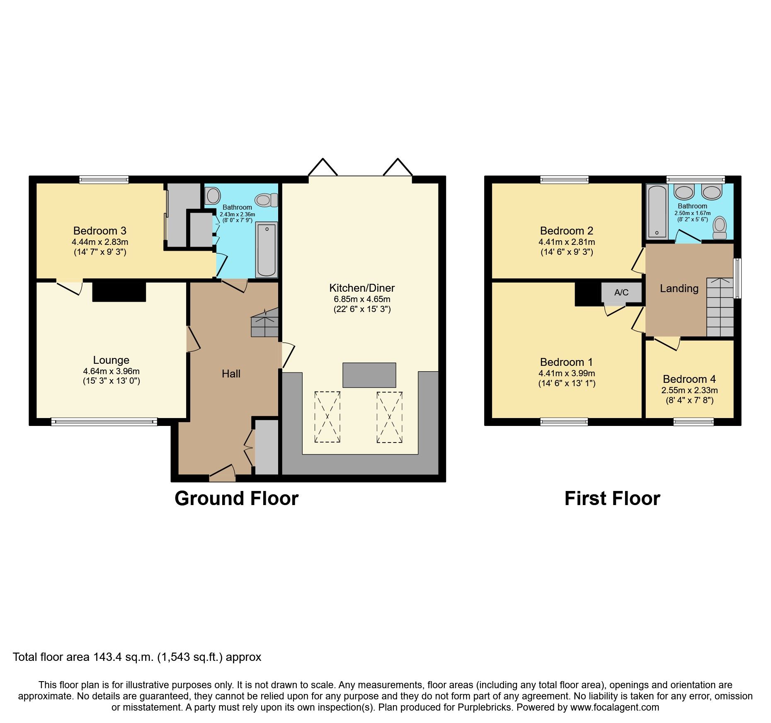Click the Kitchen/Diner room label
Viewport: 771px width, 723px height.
click(x=361, y=288)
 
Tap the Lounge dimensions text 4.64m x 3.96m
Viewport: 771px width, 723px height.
click(x=111, y=371)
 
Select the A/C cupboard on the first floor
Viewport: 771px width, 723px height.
click(x=621, y=293)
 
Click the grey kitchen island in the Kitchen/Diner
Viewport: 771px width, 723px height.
click(x=369, y=375)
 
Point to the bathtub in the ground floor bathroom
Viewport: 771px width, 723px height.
click(x=267, y=250)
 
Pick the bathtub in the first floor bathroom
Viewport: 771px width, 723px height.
click(x=657, y=211)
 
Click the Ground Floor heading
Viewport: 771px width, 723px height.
click(x=236, y=498)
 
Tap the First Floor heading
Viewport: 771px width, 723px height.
click(x=612, y=498)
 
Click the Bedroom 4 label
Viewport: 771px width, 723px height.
click(x=689, y=379)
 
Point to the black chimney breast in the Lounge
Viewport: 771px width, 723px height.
click(x=119, y=291)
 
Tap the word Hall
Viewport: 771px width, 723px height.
click(x=231, y=374)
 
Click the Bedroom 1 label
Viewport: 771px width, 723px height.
click(x=566, y=362)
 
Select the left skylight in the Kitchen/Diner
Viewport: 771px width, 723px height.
click(x=327, y=417)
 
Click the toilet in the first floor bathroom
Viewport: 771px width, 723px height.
click(x=720, y=227)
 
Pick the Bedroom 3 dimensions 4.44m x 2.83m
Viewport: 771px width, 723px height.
click(x=100, y=242)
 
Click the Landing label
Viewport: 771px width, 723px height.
click(x=679, y=288)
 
